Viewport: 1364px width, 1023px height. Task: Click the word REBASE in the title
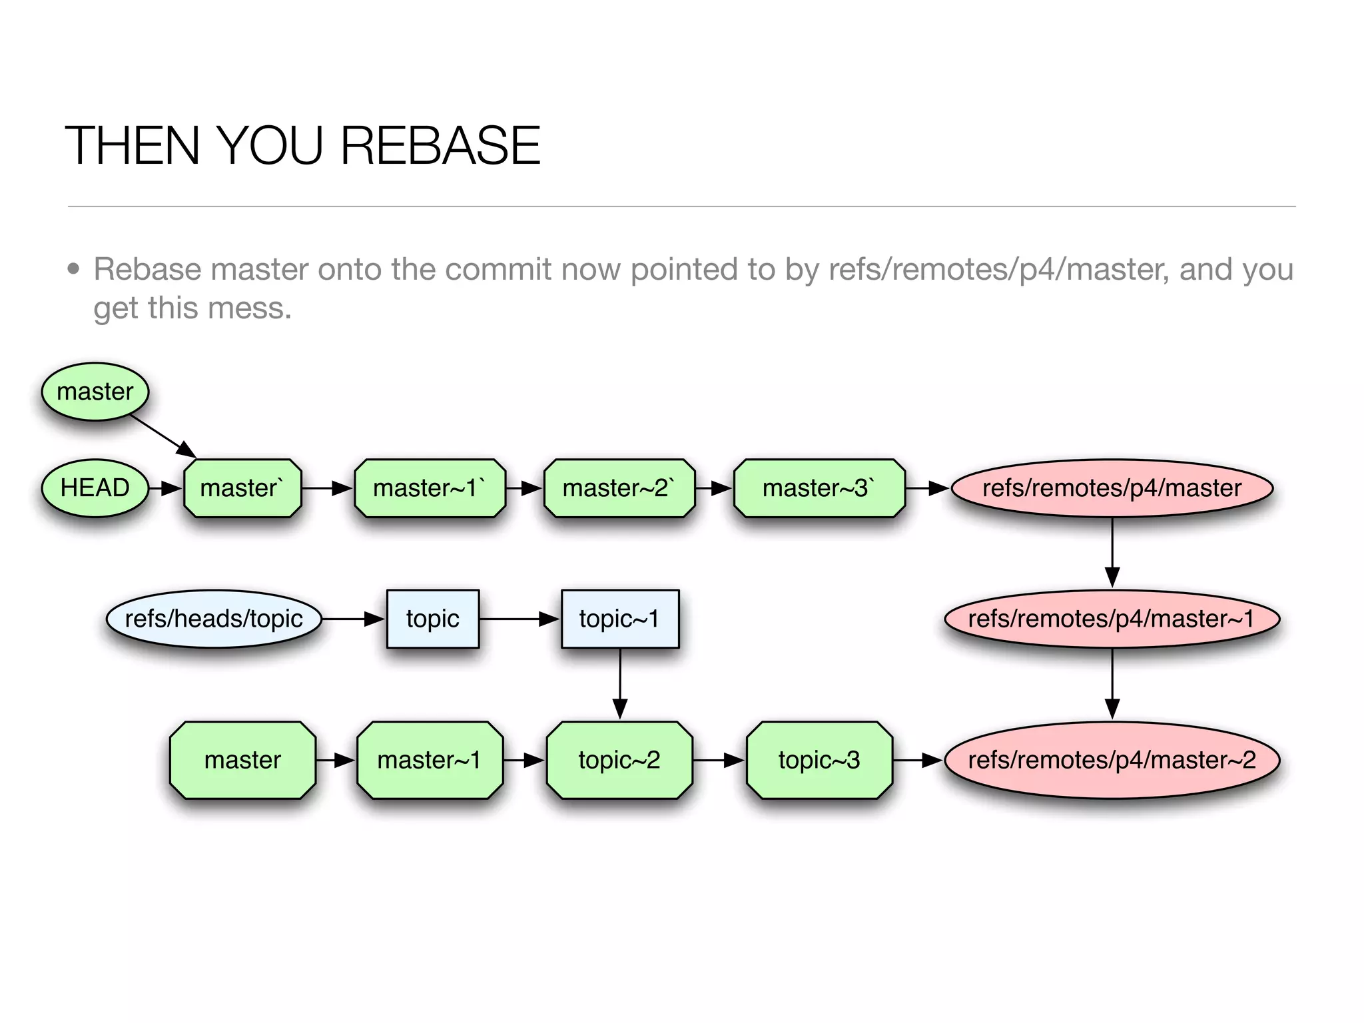(440, 146)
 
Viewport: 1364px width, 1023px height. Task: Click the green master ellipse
(95, 392)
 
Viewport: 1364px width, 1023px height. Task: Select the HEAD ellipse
(95, 488)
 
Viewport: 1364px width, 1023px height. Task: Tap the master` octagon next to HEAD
(242, 488)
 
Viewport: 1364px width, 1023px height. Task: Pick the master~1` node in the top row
(430, 488)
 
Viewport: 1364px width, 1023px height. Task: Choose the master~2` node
(619, 488)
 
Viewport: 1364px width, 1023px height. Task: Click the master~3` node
(819, 488)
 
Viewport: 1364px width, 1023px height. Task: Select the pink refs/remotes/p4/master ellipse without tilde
(1112, 488)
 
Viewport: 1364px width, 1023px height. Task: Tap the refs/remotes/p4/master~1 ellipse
(1112, 619)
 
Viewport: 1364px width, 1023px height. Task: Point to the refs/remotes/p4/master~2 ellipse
(1112, 760)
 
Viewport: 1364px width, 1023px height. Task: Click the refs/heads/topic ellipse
(214, 619)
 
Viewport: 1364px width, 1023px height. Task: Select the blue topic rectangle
(433, 619)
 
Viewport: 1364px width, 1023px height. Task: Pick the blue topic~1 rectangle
(620, 619)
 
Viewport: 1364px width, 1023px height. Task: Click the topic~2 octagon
(619, 760)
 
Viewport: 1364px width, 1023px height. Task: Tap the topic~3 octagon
(819, 760)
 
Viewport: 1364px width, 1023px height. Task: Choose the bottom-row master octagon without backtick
(242, 760)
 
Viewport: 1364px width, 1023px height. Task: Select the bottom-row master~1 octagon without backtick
(430, 760)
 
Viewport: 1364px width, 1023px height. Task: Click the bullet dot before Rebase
(73, 269)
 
